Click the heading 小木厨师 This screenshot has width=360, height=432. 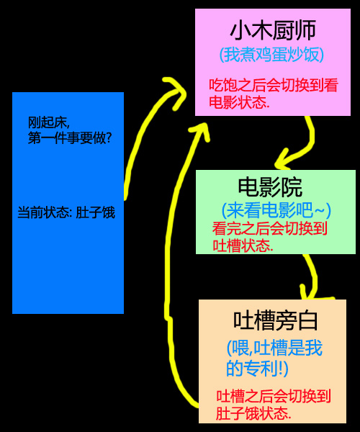[x=273, y=30]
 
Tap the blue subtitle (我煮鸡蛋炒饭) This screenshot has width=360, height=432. [x=271, y=55]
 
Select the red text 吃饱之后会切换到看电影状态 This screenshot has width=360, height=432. [x=273, y=94]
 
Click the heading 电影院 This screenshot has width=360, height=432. [x=270, y=187]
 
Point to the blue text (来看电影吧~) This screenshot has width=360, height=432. [x=276, y=210]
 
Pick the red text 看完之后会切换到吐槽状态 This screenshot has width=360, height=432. [x=270, y=237]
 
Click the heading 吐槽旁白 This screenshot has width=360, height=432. [x=276, y=320]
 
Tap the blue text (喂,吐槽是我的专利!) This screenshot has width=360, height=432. [x=274, y=358]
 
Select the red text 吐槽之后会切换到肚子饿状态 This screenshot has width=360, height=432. [x=273, y=405]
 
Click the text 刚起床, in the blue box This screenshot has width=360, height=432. [x=49, y=122]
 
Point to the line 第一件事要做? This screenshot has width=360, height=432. [x=70, y=138]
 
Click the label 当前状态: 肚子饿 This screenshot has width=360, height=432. [x=66, y=212]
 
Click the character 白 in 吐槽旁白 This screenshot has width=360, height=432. [x=307, y=321]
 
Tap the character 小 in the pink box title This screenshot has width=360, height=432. [x=240, y=30]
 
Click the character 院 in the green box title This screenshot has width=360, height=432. [x=292, y=188]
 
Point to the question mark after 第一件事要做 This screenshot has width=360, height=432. [x=109, y=138]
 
